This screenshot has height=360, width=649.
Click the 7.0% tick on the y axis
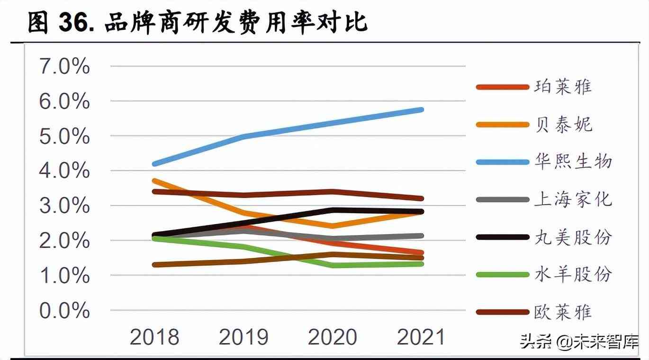(x=65, y=67)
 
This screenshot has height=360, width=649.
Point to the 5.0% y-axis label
(x=65, y=136)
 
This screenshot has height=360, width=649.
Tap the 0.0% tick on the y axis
(x=65, y=311)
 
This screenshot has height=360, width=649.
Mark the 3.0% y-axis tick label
(x=65, y=206)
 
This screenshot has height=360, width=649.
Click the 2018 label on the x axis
(x=154, y=337)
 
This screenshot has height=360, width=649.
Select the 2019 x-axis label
(x=243, y=337)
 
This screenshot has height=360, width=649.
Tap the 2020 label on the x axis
(x=333, y=337)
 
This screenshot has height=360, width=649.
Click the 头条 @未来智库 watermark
(x=579, y=342)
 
